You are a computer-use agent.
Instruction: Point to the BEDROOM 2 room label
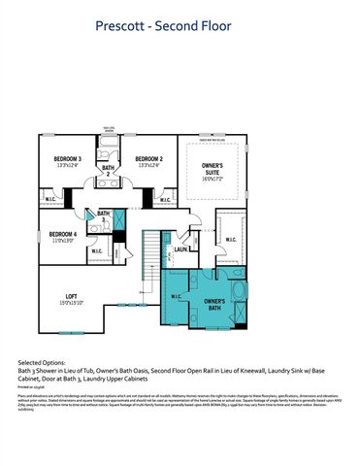click(x=147, y=159)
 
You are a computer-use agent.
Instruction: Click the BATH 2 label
click(x=108, y=171)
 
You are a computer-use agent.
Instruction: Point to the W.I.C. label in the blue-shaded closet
click(x=176, y=296)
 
